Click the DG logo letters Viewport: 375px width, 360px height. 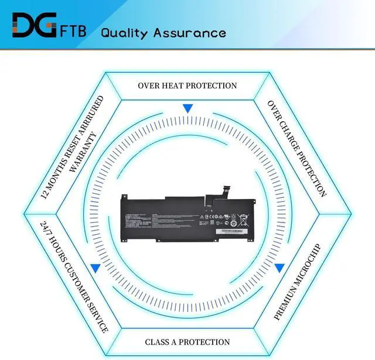click(34, 25)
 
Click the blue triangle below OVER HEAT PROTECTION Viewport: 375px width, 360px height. click(187, 108)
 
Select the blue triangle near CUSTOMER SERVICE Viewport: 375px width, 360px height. click(95, 268)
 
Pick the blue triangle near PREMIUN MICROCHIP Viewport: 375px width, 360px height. click(279, 268)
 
